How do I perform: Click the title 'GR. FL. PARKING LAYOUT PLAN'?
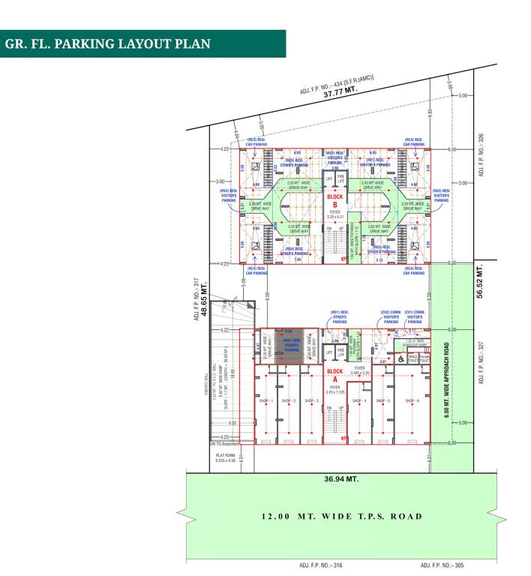coord(108,43)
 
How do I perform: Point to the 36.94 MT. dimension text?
coord(341,478)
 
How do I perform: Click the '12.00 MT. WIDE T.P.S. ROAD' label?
coord(342,516)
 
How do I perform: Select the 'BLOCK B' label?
coord(334,200)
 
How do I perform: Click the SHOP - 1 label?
coord(266,401)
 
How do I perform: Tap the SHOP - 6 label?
coord(412,401)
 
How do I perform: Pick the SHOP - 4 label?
coord(360,401)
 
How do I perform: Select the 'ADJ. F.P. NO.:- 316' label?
coord(320,565)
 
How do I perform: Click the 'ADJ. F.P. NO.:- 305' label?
coord(442,565)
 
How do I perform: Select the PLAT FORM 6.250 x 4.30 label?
coord(225,457)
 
